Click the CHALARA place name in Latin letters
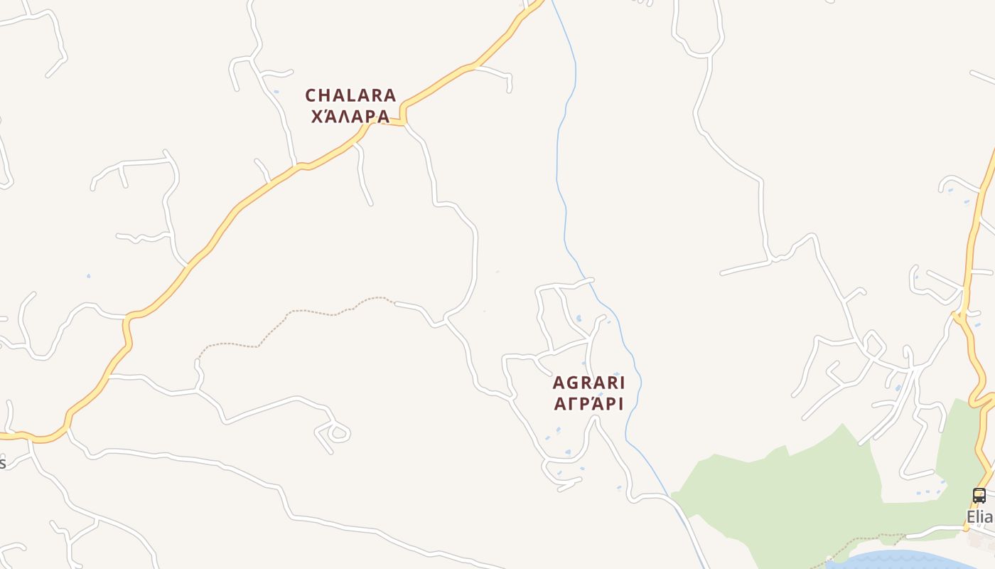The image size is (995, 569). pos(350,95)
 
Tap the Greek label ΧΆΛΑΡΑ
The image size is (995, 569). pos(350,116)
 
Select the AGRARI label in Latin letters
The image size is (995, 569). pos(588,383)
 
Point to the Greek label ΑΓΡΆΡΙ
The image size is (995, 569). pos(588,404)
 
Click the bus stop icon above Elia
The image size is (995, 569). pos(979,496)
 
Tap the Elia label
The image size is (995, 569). pos(980,517)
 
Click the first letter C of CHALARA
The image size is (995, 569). pos(311,95)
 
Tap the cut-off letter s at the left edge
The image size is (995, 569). pos(2,463)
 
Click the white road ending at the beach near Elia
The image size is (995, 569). pos(931,530)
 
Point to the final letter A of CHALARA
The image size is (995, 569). pos(389,95)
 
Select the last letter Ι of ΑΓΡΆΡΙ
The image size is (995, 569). pos(620,404)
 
